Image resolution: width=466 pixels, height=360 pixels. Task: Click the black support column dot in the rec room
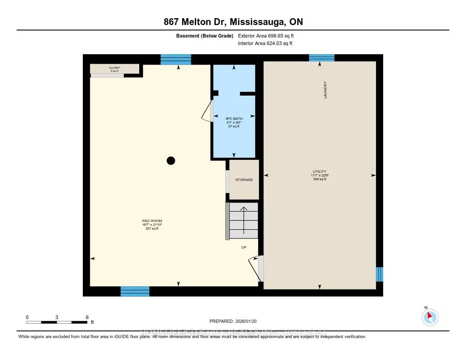171,160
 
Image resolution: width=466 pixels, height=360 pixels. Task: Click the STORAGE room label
244,180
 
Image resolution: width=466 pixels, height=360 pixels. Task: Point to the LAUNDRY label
325,90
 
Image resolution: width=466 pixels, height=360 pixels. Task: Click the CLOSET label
114,68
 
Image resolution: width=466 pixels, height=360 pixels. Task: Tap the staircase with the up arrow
243,220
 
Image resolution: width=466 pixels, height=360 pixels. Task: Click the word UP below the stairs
244,248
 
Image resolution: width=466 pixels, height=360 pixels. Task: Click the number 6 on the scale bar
86,317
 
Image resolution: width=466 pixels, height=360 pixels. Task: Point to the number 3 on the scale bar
56,317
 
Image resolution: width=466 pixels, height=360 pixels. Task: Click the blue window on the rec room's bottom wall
135,291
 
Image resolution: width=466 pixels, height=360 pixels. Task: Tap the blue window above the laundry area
322,58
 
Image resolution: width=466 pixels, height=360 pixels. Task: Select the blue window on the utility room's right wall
380,274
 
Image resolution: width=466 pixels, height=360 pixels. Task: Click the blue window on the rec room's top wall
176,60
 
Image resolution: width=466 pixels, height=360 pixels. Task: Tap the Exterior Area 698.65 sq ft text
269,35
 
